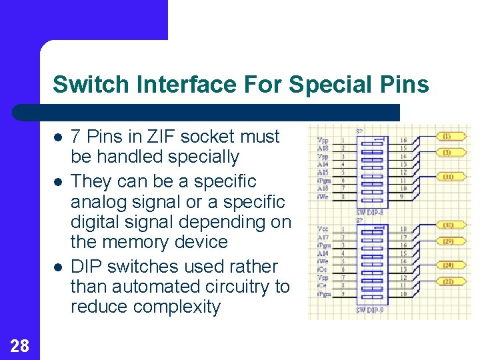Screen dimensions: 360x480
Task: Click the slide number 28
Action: click(x=19, y=345)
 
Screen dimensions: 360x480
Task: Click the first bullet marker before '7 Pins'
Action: click(x=58, y=137)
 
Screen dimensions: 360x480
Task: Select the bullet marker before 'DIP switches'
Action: click(x=58, y=267)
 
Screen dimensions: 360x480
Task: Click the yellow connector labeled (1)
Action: click(x=447, y=136)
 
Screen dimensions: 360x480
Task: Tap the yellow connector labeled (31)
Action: click(x=447, y=177)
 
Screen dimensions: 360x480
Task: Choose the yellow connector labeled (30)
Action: click(x=448, y=225)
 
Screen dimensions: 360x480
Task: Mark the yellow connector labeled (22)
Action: click(x=448, y=281)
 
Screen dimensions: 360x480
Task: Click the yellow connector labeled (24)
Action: click(x=448, y=265)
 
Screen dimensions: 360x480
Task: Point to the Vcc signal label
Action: click(x=323, y=228)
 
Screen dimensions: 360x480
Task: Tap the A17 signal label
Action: click(x=323, y=237)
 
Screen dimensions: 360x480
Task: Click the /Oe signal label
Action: click(x=323, y=269)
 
